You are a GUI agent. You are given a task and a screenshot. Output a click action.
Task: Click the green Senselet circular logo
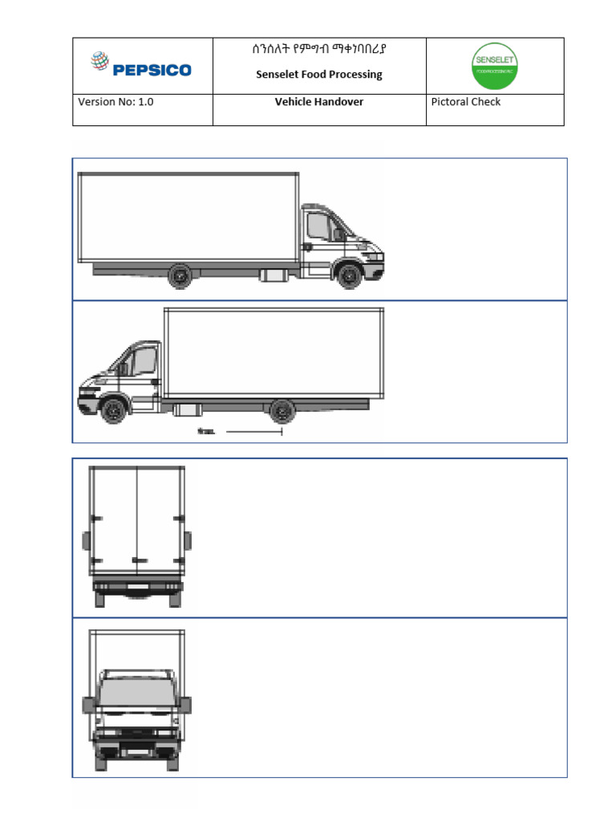(x=494, y=66)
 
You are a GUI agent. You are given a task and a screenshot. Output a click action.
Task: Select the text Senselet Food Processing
(x=318, y=75)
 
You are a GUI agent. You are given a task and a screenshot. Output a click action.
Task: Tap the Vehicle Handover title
(x=318, y=102)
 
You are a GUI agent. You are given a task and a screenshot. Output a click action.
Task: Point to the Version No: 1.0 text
(x=115, y=102)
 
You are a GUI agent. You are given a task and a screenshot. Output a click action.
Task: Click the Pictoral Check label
(x=465, y=102)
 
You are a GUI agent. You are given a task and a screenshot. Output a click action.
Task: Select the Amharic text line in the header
(x=318, y=51)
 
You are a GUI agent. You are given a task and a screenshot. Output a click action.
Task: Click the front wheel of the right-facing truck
(x=349, y=276)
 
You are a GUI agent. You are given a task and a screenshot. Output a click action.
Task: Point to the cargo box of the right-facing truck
(x=188, y=217)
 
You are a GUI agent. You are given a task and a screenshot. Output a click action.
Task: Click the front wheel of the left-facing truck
(x=113, y=410)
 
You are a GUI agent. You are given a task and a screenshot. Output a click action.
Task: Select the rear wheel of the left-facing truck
(x=282, y=411)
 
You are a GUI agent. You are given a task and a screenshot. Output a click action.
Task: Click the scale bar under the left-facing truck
(x=253, y=433)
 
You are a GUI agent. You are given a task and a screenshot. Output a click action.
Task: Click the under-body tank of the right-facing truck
(x=274, y=275)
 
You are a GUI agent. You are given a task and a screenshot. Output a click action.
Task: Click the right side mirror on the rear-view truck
(x=188, y=541)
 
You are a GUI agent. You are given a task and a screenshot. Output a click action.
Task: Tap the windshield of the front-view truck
(x=136, y=691)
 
